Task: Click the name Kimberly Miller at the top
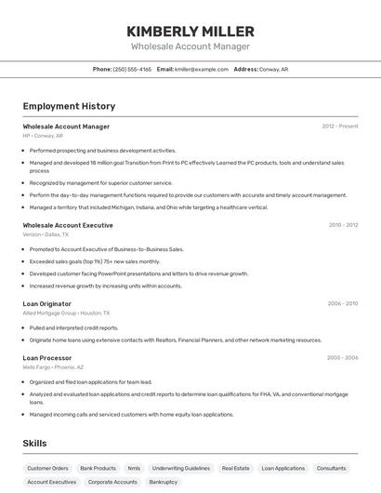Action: click(x=190, y=31)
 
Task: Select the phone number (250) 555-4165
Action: click(x=132, y=69)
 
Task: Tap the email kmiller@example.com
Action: click(x=202, y=69)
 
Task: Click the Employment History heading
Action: click(x=69, y=106)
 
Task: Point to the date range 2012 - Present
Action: click(x=339, y=126)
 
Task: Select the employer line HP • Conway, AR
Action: click(x=43, y=135)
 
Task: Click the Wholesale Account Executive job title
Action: click(x=68, y=225)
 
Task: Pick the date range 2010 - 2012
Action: click(x=343, y=224)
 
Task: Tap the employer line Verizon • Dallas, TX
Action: click(x=46, y=234)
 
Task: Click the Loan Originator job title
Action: click(x=46, y=303)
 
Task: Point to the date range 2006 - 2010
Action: click(x=343, y=303)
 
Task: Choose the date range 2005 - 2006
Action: click(x=342, y=357)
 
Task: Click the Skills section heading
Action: click(x=34, y=443)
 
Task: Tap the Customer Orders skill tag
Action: click(x=47, y=468)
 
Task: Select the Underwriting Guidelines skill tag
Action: click(x=181, y=468)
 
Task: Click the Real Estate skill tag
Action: click(x=235, y=468)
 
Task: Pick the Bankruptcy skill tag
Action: click(x=164, y=482)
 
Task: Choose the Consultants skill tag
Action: click(x=332, y=468)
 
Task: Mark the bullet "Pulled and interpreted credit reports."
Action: click(x=73, y=327)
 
